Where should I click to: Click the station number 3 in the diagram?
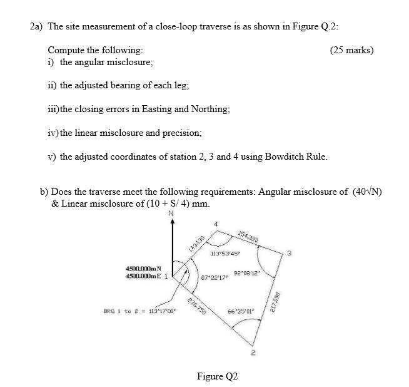pyautogui.click(x=290, y=253)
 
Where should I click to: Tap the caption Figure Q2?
pyautogui.click(x=217, y=376)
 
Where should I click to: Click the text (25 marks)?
pyautogui.click(x=351, y=49)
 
